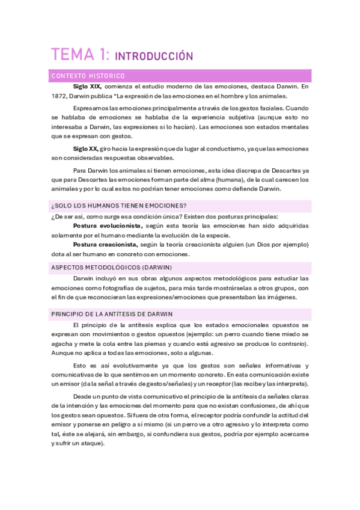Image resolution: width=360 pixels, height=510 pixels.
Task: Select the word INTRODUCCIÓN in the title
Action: pos(153,57)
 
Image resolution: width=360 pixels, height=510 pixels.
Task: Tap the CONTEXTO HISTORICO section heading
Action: pos(88,76)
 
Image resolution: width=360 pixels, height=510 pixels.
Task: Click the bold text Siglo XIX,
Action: pos(87,87)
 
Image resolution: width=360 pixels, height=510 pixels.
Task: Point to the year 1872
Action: pos(59,96)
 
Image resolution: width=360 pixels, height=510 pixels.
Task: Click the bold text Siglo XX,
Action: pos(85,149)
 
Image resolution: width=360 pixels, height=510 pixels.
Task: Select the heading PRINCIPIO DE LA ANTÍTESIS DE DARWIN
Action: pos(121,314)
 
